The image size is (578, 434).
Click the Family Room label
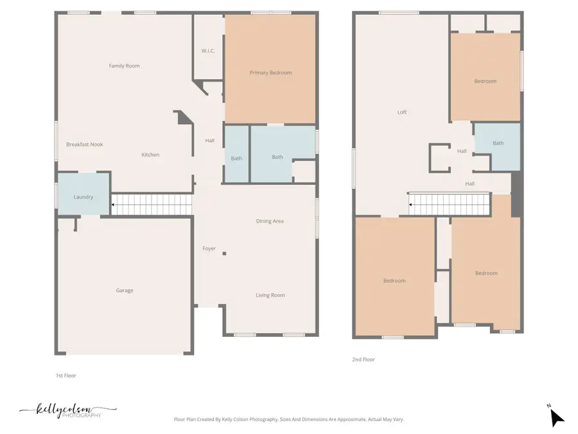coord(124,66)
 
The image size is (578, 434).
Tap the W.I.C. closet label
coord(207,51)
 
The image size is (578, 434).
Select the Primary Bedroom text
coord(270,73)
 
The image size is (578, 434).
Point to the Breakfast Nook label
coord(84,145)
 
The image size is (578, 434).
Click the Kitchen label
coord(150,154)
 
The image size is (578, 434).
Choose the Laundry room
coord(83,197)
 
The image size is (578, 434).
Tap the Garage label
coord(125,291)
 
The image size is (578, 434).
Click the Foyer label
coord(209,248)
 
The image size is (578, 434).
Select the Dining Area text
coord(270,221)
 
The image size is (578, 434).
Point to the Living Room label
coord(270,295)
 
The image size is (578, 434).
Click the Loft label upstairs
coord(402,112)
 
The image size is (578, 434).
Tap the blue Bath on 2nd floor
coord(498,143)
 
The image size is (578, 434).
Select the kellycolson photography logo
coord(67,410)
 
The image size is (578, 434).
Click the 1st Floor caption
coord(66,375)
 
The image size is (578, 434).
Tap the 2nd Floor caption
coord(363,359)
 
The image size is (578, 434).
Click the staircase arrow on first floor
coord(114,205)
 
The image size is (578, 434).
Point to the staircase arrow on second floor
coord(412,205)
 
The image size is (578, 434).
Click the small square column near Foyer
coord(224,254)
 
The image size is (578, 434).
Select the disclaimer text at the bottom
coord(289,419)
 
